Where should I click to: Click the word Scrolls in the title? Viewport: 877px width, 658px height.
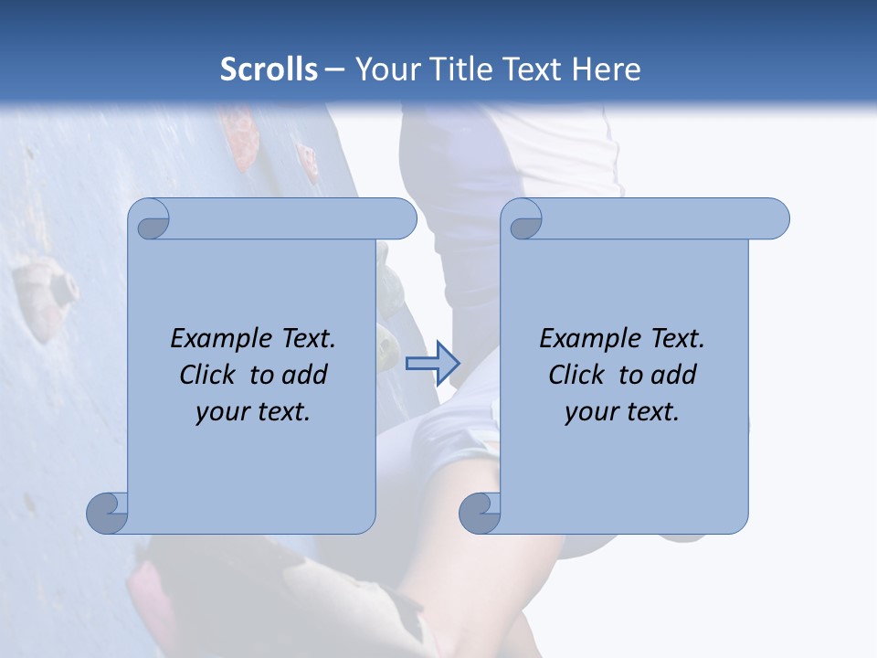click(x=269, y=69)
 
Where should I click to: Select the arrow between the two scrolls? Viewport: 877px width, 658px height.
click(x=432, y=363)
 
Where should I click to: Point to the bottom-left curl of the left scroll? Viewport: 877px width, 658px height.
click(x=108, y=512)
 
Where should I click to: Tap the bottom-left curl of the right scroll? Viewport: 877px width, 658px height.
click(x=481, y=512)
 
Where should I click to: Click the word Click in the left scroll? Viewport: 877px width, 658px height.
click(x=206, y=375)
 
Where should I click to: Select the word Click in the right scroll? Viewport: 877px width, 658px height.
click(x=576, y=375)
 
